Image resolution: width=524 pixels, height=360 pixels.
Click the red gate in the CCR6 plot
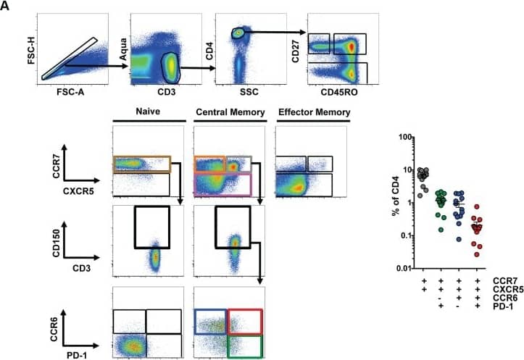click(244, 321)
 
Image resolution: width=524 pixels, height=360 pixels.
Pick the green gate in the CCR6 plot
click(244, 346)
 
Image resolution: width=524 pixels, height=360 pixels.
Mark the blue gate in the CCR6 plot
click(210, 321)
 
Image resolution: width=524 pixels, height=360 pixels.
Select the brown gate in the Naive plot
click(141, 164)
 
